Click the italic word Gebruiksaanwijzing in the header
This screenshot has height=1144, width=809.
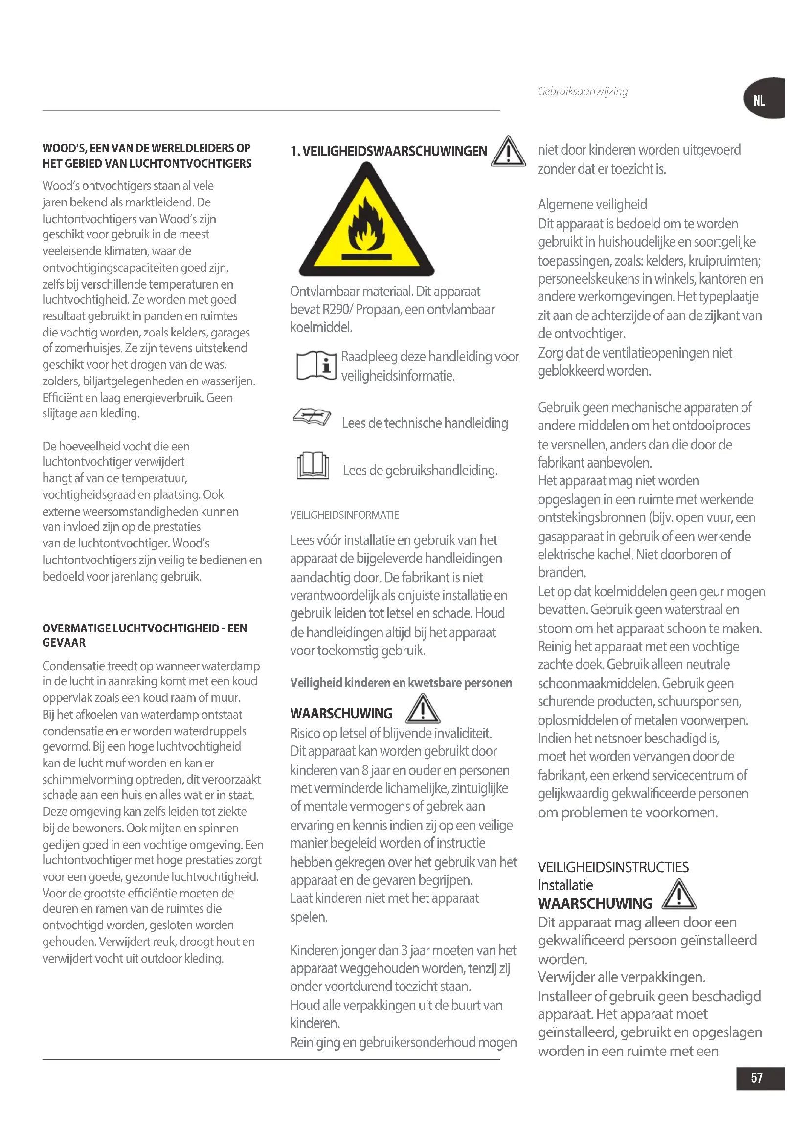click(583, 91)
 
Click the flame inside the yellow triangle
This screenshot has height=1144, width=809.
click(367, 227)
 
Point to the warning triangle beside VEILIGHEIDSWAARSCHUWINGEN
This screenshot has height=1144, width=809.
click(508, 152)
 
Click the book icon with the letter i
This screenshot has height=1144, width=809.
click(316, 365)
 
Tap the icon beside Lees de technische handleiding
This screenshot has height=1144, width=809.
click(312, 417)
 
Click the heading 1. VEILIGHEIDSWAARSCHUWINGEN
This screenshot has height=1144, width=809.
click(388, 152)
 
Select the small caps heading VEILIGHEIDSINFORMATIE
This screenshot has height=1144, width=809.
click(344, 515)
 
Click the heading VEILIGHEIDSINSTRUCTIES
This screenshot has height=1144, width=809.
click(613, 867)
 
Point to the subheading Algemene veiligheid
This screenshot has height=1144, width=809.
click(592, 204)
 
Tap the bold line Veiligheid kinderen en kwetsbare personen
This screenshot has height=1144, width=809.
click(401, 683)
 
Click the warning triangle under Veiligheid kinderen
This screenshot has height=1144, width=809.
click(423, 710)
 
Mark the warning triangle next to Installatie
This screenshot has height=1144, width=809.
click(679, 895)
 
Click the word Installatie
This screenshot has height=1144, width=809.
click(565, 885)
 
